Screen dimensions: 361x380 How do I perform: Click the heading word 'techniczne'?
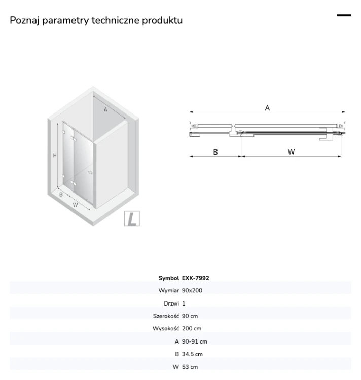pos(116,20)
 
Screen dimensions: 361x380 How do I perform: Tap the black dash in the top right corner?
pos(344,15)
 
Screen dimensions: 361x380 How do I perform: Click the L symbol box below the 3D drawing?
pos(132,218)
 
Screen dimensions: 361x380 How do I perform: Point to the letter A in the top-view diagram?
pos(267,108)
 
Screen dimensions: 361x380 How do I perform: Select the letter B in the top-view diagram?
pos(215,152)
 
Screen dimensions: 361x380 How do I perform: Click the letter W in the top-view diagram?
pos(291,152)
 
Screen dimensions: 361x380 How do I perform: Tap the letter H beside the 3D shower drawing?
pos(55,156)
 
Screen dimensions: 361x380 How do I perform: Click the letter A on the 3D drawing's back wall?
pos(105,110)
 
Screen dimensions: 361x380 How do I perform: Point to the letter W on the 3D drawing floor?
pos(75,205)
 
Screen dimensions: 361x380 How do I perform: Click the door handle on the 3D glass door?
pos(90,173)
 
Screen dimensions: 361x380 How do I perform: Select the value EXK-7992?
pos(195,278)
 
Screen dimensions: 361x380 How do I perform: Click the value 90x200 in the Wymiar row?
pos(192,290)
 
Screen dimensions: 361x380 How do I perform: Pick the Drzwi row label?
pos(171,303)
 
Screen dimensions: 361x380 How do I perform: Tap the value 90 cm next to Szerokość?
pos(190,316)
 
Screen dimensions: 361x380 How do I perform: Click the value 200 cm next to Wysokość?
pos(192,329)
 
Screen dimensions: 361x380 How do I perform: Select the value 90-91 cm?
pos(194,341)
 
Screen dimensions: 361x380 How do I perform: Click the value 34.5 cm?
pos(192,354)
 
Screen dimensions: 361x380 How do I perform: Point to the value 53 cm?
pos(190,367)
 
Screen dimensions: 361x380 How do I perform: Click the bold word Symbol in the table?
pos(169,278)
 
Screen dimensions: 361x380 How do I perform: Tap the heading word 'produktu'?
pos(162,20)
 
